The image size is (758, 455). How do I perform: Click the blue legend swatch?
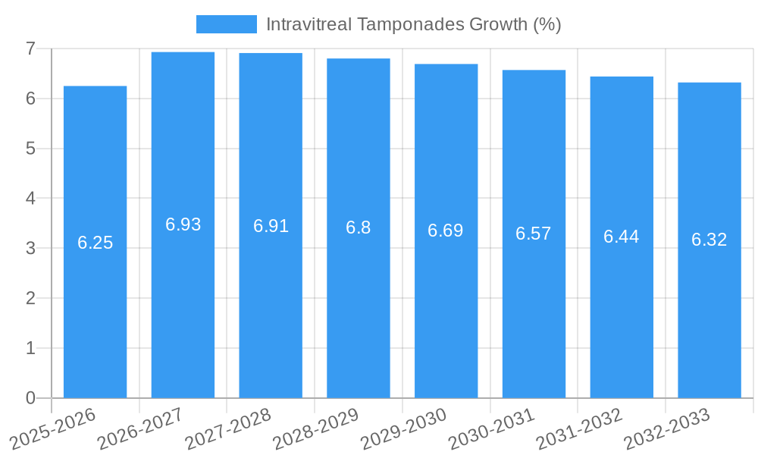tap(226, 24)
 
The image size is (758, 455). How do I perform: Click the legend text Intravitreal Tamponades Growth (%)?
tap(413, 24)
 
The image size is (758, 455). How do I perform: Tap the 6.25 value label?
tap(96, 243)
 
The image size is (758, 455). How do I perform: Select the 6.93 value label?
tap(183, 224)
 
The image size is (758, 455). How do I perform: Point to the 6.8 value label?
tap(359, 227)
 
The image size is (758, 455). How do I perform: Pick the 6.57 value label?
tap(534, 234)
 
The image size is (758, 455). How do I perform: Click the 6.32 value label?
tap(709, 240)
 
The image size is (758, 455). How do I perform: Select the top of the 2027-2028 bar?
tap(271, 54)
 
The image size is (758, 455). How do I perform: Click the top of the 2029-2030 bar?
tap(446, 64)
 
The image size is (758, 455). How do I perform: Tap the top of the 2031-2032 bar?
tap(622, 77)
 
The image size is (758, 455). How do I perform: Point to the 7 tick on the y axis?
tap(30, 49)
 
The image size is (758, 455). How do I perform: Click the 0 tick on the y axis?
tap(30, 398)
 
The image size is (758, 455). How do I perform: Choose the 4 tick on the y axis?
tap(30, 199)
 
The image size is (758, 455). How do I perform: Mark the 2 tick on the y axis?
tap(30, 298)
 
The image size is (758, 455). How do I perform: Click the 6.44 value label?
tap(622, 237)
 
